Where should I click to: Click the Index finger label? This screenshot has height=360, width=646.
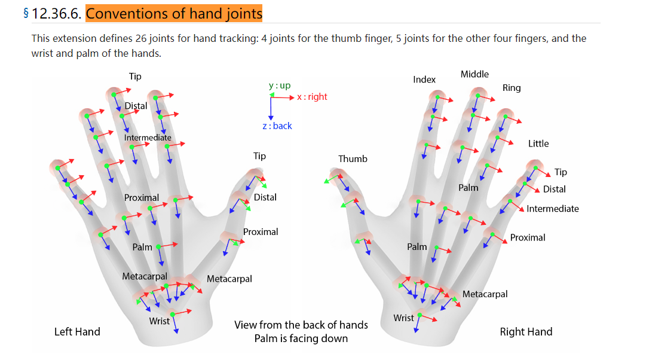(424, 80)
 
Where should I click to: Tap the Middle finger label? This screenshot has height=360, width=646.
(474, 74)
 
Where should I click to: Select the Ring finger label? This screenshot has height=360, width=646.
(512, 88)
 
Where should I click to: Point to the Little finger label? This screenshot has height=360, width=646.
(538, 144)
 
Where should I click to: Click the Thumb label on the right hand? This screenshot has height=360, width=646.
(353, 158)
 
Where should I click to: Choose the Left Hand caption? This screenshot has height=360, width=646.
(77, 332)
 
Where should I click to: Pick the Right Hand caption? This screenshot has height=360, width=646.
(526, 332)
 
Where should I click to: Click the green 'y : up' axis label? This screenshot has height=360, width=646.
(280, 86)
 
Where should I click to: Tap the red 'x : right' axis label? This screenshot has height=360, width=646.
(312, 97)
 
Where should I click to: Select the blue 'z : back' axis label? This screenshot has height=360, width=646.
(277, 126)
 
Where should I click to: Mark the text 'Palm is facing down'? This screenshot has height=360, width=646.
(301, 338)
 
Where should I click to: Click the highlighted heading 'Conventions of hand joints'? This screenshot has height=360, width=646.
(174, 13)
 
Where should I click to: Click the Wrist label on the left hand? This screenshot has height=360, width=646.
(160, 321)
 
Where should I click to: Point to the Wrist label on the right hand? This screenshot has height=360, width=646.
(403, 318)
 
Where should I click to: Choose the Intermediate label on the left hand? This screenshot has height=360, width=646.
(148, 138)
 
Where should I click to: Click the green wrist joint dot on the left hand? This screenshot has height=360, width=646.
(172, 314)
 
